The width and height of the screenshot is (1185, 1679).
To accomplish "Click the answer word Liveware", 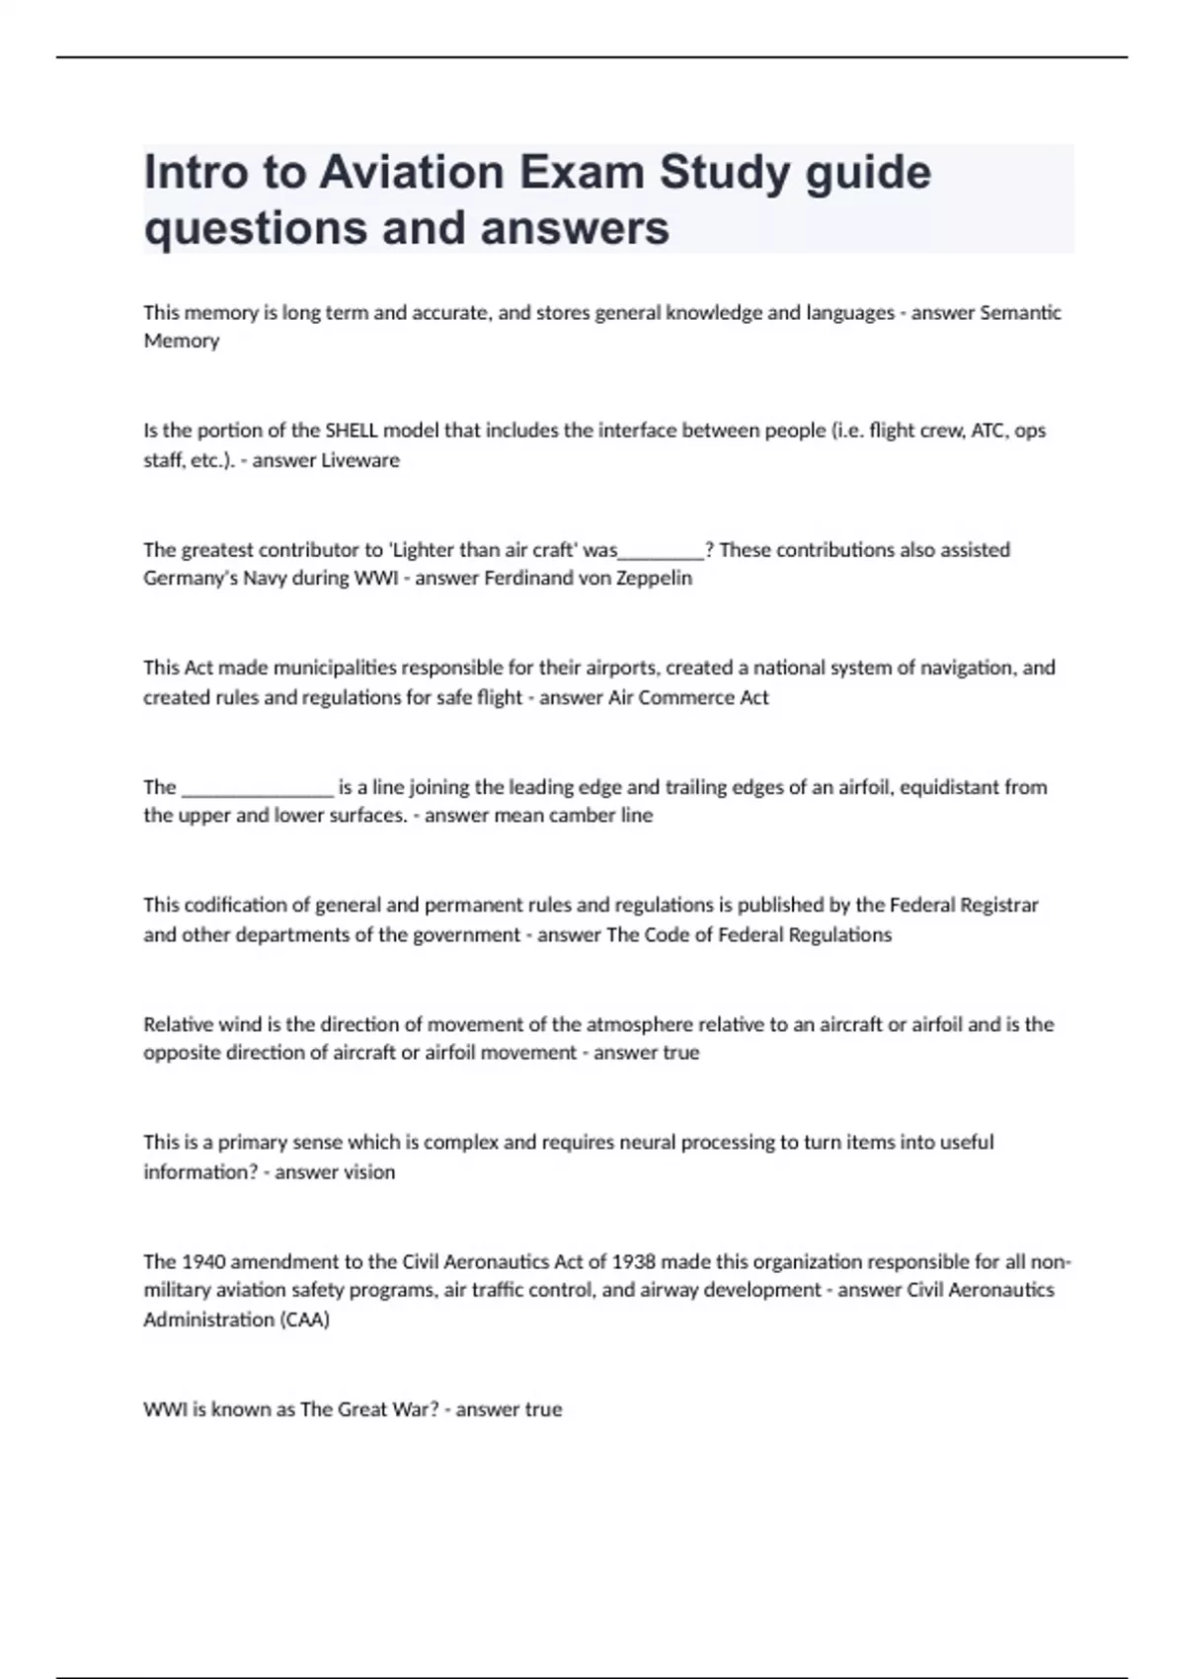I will [x=362, y=460].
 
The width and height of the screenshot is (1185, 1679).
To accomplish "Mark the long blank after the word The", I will [x=259, y=787].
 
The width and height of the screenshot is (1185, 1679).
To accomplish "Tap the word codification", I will [x=231, y=905].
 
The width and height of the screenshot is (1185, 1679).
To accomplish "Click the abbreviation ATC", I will [x=989, y=431].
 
